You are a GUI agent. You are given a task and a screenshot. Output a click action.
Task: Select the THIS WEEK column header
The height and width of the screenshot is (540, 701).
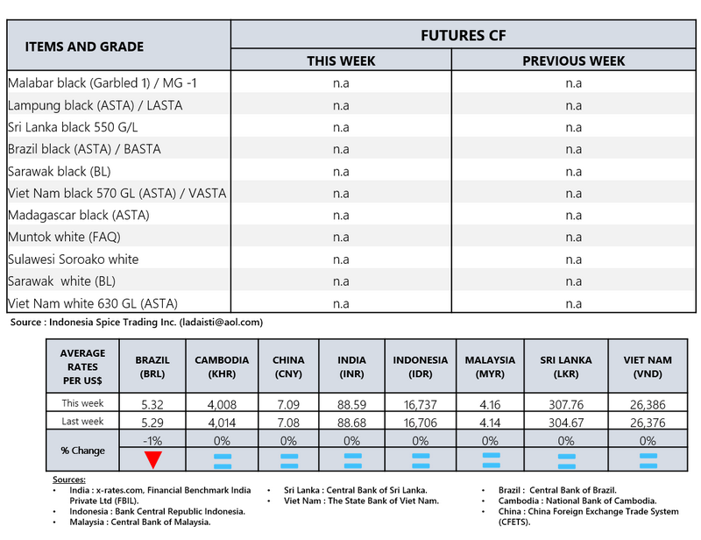pos(341,60)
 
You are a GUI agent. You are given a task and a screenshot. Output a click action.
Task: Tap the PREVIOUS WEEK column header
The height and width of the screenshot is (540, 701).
pos(573,60)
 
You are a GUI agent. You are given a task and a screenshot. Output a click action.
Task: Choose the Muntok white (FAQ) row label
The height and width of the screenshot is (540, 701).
pos(65,237)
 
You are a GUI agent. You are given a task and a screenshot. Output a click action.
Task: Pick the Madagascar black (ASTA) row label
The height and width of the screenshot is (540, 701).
pos(79,215)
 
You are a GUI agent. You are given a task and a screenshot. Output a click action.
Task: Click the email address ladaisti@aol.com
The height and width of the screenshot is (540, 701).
pos(221,323)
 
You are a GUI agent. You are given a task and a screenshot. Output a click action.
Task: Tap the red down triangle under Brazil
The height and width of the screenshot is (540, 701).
pos(152,459)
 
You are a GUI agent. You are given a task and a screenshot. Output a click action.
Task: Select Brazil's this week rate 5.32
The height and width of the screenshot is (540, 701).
pos(152,403)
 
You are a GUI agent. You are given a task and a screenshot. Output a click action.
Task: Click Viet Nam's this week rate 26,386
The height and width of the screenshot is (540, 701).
pos(648,403)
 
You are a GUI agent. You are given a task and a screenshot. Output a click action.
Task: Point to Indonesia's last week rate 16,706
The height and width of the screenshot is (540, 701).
pos(420,423)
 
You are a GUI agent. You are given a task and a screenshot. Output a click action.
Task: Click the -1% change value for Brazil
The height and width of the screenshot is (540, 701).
pos(152,441)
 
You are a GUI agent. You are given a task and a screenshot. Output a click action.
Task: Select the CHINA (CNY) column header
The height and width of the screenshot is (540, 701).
pos(288,366)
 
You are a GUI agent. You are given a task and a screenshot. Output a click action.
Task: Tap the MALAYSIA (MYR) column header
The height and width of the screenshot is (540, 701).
pos(490,366)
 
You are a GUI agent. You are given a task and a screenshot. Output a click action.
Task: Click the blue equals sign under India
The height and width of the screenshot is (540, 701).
pos(352,459)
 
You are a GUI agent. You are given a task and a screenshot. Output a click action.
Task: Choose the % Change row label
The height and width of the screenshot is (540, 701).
pos(83,451)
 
